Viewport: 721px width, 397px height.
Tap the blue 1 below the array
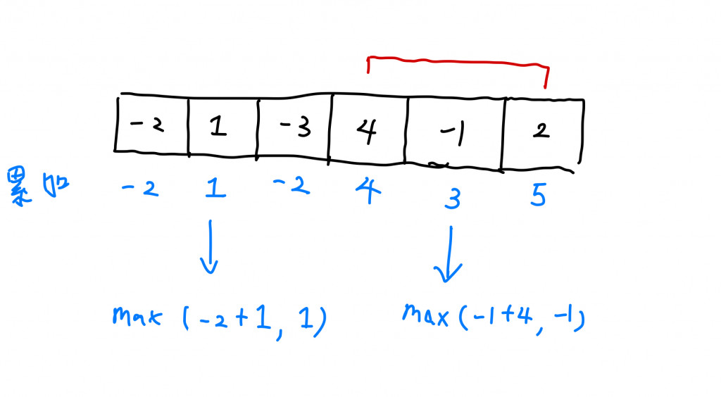click(216, 189)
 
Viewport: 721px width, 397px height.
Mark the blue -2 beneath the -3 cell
click(290, 187)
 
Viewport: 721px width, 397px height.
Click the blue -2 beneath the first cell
click(141, 189)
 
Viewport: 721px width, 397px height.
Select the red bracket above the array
click(458, 64)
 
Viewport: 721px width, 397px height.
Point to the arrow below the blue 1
click(209, 247)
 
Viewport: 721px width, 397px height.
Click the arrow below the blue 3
click(449, 253)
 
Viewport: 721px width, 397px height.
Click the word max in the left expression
click(137, 317)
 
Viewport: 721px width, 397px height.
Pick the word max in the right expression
click(425, 313)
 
